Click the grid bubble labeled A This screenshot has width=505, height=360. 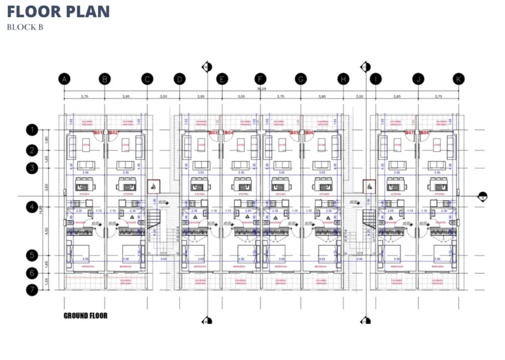click(64, 79)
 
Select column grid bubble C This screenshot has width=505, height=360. click(147, 79)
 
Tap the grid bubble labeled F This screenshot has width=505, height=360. click(260, 79)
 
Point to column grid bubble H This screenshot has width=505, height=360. click(343, 79)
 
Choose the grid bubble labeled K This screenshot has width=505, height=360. click(458, 79)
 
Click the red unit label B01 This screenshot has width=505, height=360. click(99, 133)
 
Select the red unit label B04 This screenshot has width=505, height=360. click(229, 133)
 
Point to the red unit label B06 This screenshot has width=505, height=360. click(310, 133)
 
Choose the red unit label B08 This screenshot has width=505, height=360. click(425, 133)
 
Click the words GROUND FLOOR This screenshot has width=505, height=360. click(85, 316)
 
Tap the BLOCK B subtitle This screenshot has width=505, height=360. click(25, 27)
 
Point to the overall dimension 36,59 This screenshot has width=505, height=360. click(261, 88)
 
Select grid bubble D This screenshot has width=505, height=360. click(179, 79)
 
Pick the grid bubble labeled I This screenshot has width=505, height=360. click(375, 79)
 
